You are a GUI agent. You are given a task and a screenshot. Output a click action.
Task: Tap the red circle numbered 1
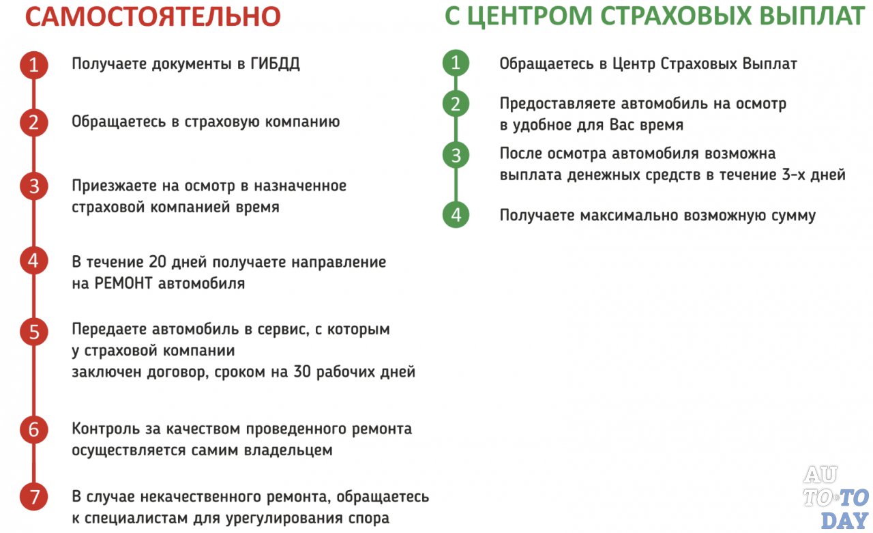pyautogui.click(x=33, y=66)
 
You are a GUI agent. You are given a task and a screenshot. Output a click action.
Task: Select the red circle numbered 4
pyautogui.click(x=33, y=261)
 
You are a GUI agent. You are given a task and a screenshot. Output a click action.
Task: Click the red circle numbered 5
pyautogui.click(x=33, y=332)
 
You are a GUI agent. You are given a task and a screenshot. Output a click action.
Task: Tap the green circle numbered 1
pyautogui.click(x=456, y=63)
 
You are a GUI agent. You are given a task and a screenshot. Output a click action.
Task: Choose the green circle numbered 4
pyautogui.click(x=456, y=214)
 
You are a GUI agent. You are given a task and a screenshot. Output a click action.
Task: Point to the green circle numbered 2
pyautogui.click(x=456, y=104)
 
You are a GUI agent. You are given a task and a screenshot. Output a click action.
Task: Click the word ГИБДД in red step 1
pyautogui.click(x=275, y=65)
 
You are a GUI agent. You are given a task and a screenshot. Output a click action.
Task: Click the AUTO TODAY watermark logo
pyautogui.click(x=835, y=498)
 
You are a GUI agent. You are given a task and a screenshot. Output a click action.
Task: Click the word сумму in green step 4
pyautogui.click(x=791, y=216)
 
